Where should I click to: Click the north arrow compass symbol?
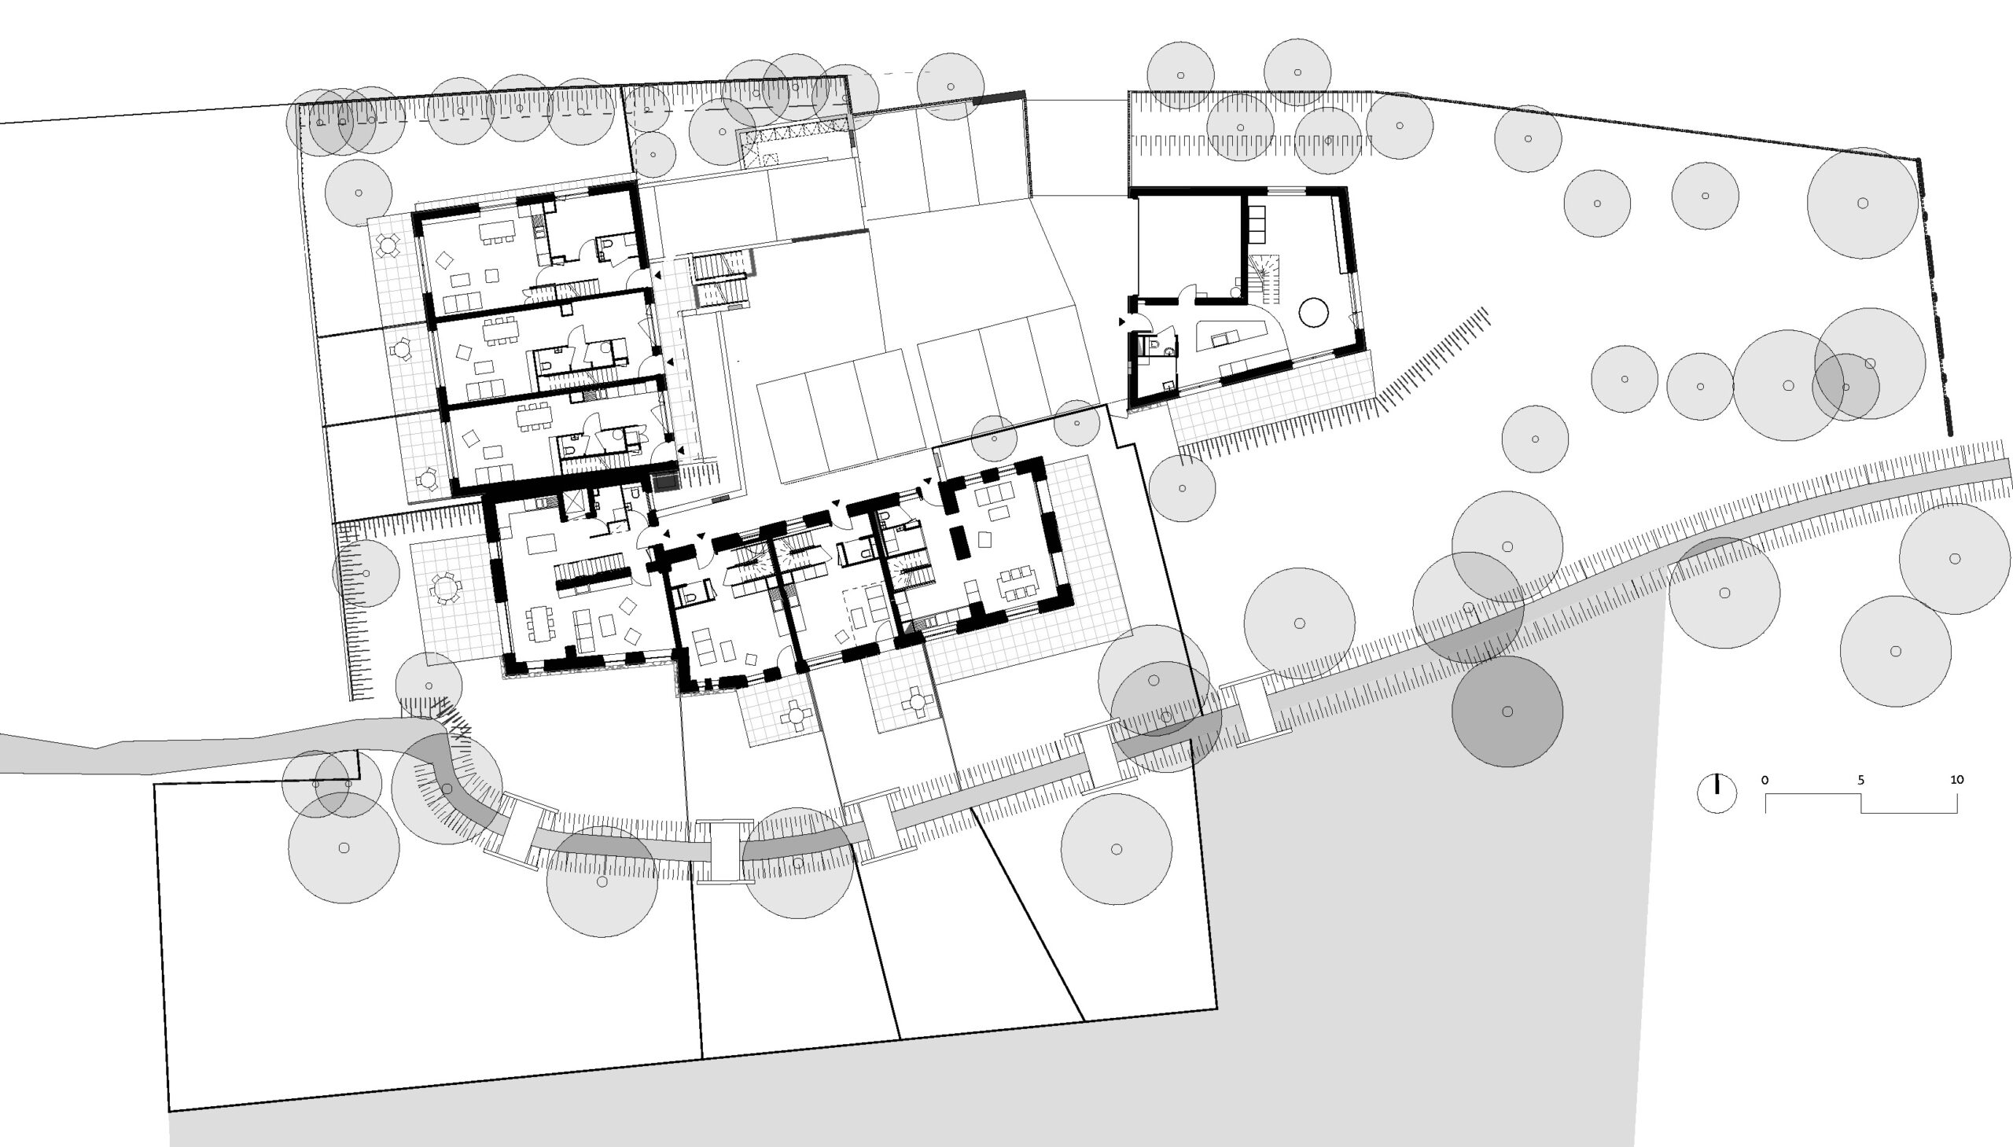(1716, 792)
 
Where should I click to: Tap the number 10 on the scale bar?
(1956, 779)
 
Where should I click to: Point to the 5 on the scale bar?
(1860, 780)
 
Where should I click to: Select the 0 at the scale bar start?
(1765, 780)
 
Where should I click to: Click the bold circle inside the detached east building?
(1313, 312)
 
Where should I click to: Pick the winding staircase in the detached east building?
(1265, 279)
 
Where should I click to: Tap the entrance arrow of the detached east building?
(1122, 322)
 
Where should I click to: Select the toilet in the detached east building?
(1154, 345)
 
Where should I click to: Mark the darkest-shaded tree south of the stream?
(1507, 711)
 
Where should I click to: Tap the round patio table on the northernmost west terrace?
(388, 246)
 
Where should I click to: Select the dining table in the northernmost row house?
(496, 230)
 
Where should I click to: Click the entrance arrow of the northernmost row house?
(657, 276)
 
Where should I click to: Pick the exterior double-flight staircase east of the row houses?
(721, 279)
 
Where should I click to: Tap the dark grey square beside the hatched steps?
(666, 480)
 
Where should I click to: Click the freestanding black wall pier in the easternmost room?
(959, 542)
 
